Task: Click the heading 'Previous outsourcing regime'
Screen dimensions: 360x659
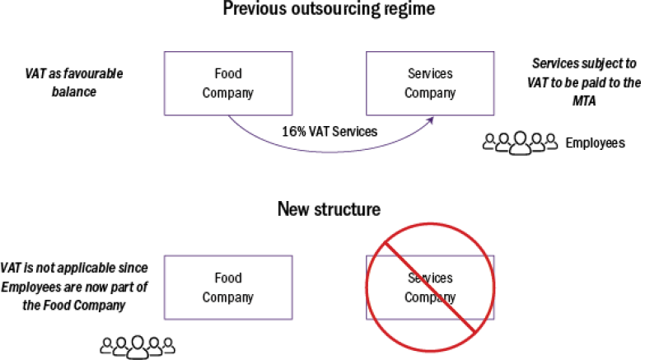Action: click(x=329, y=11)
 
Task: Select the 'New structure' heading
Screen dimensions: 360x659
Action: click(x=329, y=208)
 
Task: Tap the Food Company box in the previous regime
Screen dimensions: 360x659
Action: click(x=227, y=83)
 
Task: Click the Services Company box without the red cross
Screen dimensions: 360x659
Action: click(x=429, y=83)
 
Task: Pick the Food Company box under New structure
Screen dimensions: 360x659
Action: click(x=227, y=286)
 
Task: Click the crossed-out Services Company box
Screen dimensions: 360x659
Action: click(x=429, y=287)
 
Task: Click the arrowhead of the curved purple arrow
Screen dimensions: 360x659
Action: click(x=431, y=120)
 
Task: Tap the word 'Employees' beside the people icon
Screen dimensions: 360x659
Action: click(x=595, y=143)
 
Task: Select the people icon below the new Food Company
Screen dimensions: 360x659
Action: click(x=138, y=347)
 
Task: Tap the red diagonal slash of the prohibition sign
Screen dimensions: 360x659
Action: click(x=429, y=287)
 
